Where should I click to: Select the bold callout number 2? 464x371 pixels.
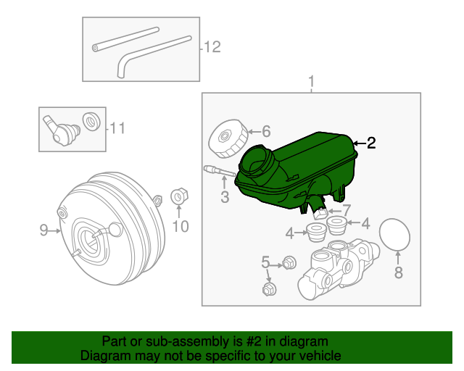[x=371, y=143]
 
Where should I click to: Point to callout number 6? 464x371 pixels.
[x=265, y=131]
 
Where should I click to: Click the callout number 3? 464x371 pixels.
[x=225, y=196]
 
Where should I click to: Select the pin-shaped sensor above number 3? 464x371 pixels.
[x=218, y=170]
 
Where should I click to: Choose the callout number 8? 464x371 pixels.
[x=397, y=272]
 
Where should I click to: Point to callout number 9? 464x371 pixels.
[x=43, y=230]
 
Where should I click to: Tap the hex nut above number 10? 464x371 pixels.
[x=178, y=196]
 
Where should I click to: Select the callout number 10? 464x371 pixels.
[x=179, y=227]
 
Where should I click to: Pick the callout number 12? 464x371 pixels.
[x=211, y=48]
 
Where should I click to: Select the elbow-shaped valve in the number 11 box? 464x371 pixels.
[x=58, y=130]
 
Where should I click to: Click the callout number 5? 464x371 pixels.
[x=265, y=262]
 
